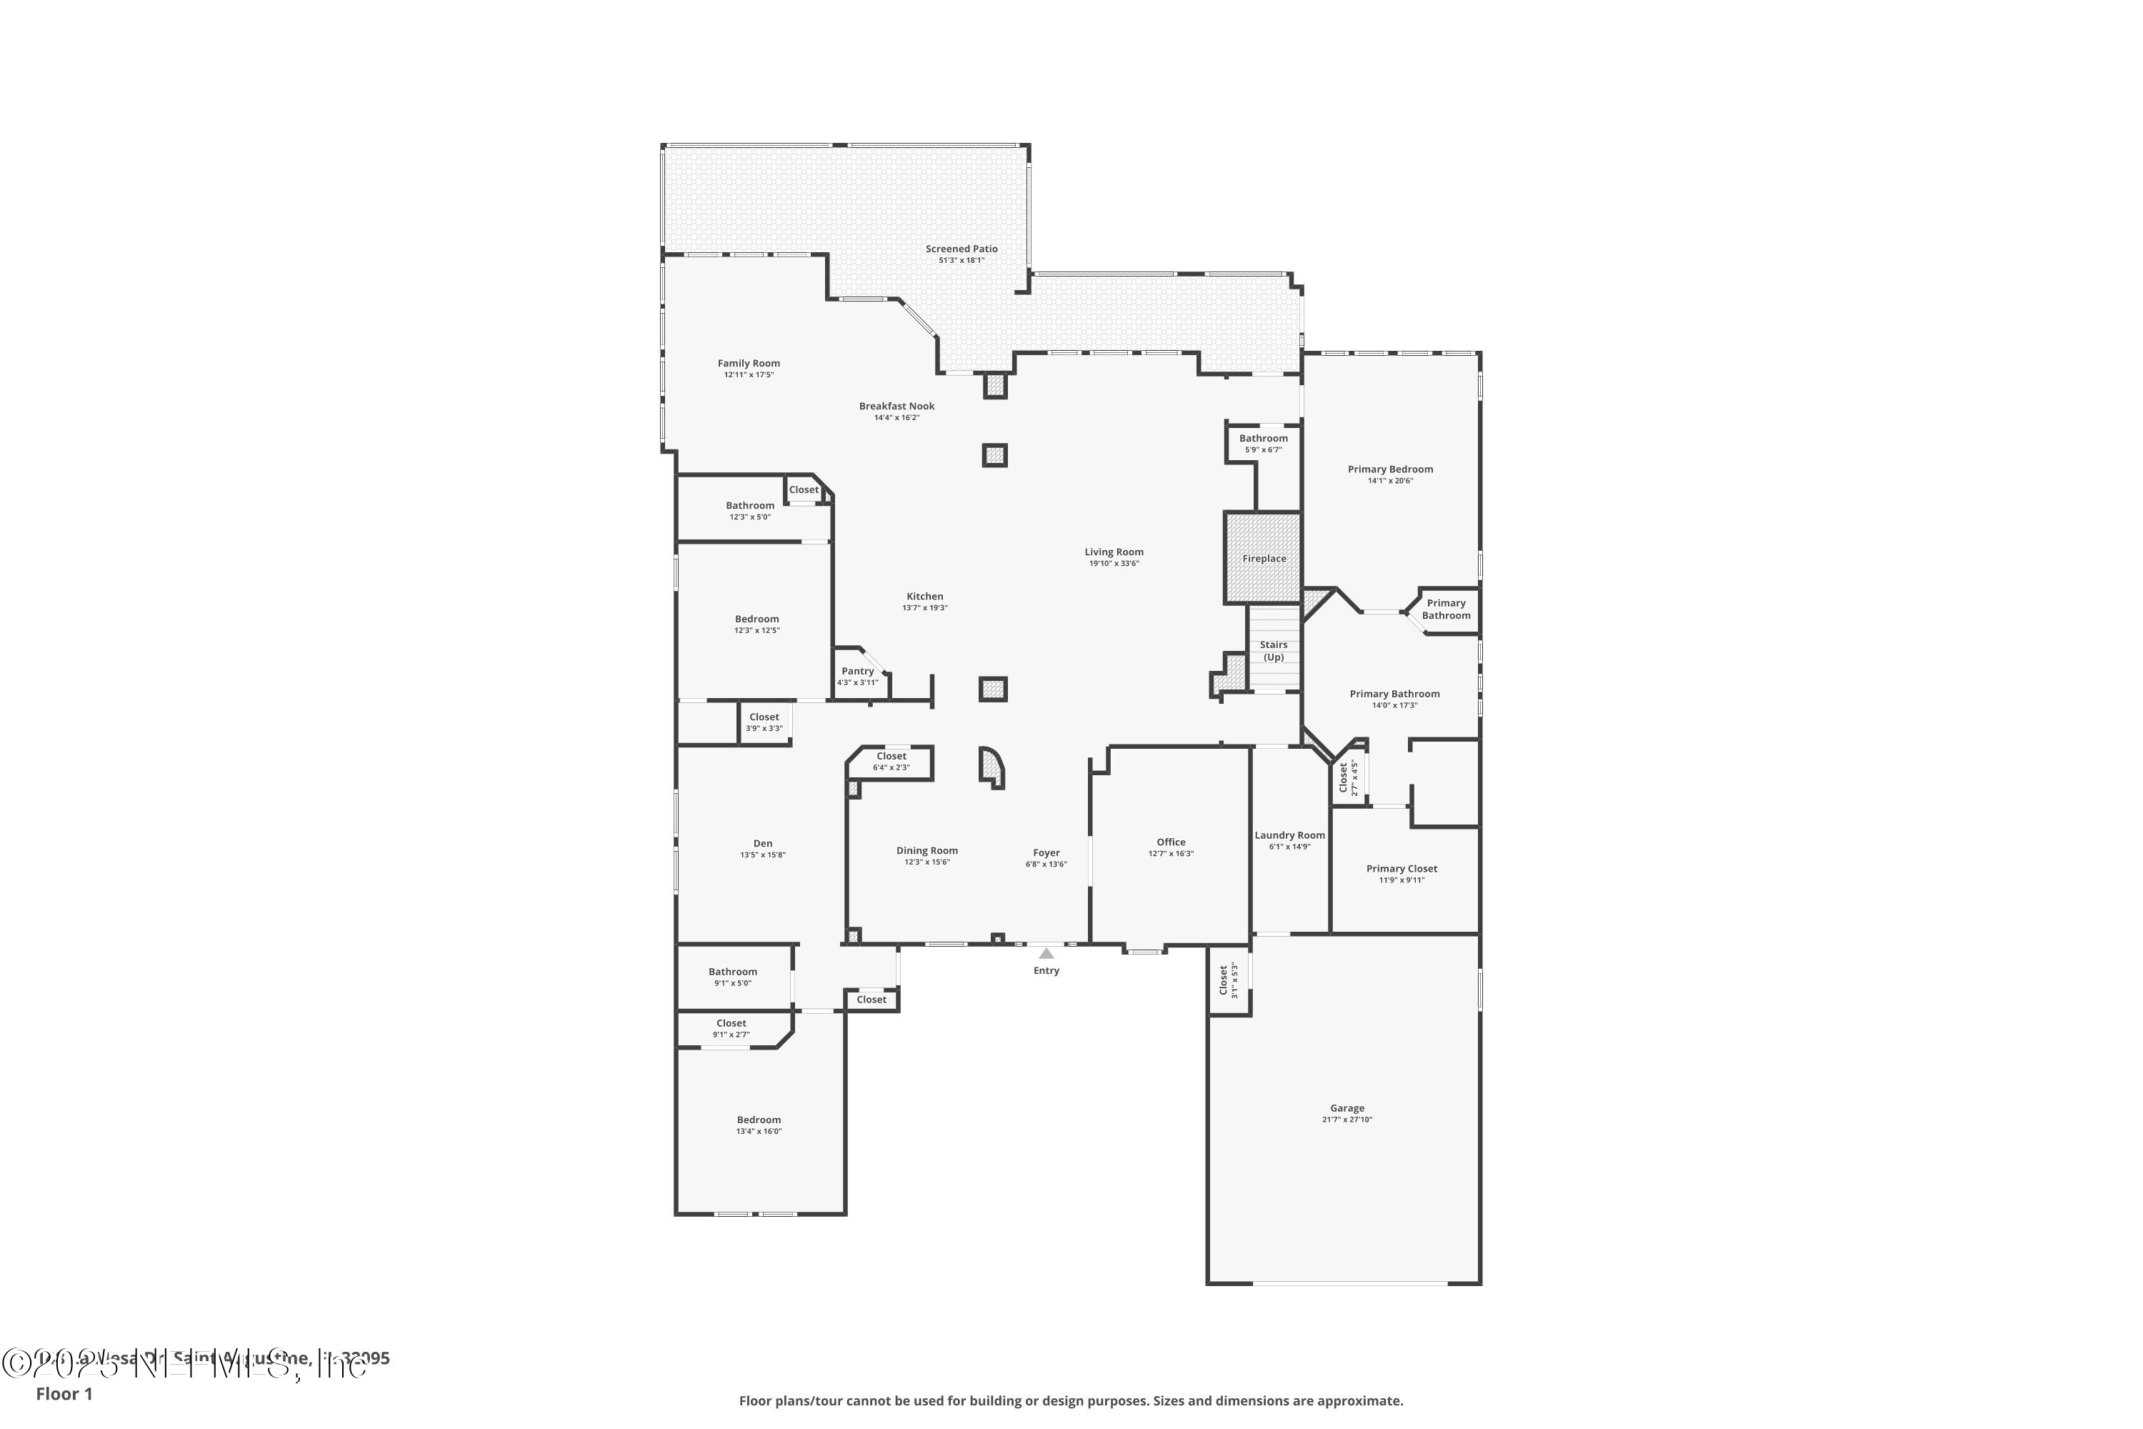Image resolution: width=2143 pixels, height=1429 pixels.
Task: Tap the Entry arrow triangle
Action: point(1046,953)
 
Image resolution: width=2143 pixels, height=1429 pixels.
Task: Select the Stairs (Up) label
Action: point(1273,651)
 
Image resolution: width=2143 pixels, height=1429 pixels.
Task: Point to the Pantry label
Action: point(857,671)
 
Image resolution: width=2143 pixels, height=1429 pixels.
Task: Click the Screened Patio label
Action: point(961,249)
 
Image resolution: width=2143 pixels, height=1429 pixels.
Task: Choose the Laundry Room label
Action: point(1289,835)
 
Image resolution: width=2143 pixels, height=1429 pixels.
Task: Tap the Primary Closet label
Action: point(1402,869)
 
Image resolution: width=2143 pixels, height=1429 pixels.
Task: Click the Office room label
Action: point(1171,842)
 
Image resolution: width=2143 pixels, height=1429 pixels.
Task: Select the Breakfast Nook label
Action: point(896,407)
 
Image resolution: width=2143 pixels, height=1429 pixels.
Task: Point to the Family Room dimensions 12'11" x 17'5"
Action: point(749,374)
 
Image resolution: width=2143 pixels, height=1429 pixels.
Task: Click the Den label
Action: point(763,843)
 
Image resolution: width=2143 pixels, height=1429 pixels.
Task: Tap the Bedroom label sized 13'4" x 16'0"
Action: point(759,1120)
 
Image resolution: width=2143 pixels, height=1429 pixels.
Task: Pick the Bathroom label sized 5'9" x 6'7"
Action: point(1263,439)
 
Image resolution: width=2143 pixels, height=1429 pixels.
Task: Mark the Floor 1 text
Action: point(64,1393)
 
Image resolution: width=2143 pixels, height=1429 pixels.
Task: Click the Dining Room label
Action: point(926,850)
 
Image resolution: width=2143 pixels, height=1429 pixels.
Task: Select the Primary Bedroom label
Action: point(1389,469)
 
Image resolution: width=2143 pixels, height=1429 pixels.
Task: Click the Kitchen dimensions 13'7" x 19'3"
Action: point(925,608)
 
